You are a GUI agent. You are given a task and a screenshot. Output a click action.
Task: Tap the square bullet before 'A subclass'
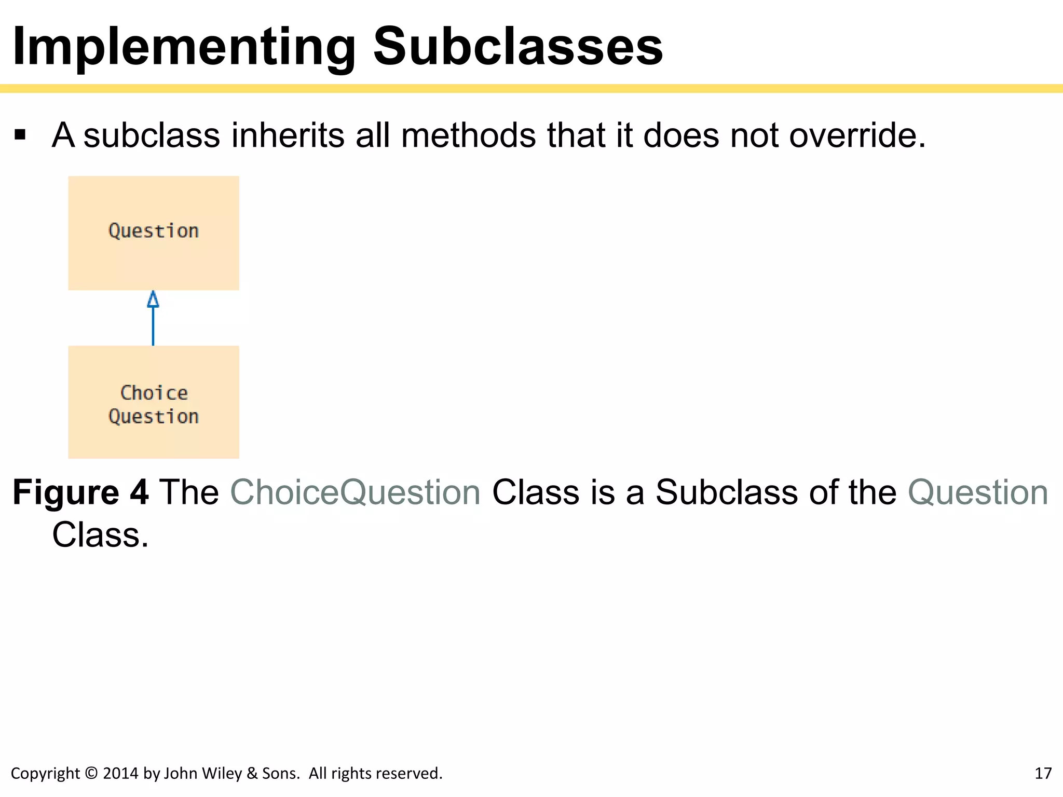pyautogui.click(x=20, y=135)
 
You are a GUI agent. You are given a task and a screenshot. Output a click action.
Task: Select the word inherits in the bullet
pyautogui.click(x=288, y=135)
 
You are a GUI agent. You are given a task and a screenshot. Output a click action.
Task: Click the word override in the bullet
pyautogui.click(x=857, y=135)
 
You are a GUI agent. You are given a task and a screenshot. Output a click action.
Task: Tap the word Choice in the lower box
pyautogui.click(x=154, y=393)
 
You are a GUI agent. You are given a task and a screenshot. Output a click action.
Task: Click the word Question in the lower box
pyautogui.click(x=154, y=417)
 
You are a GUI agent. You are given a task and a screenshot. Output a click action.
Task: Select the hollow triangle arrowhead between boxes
pyautogui.click(x=153, y=300)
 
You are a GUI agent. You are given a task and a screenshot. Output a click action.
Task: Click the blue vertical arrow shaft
pyautogui.click(x=153, y=327)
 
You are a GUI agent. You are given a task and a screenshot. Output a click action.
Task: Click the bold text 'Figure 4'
pyautogui.click(x=80, y=492)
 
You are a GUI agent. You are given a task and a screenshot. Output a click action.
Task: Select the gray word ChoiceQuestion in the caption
pyautogui.click(x=356, y=492)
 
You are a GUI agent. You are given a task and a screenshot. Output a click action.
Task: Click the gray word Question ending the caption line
pyautogui.click(x=978, y=492)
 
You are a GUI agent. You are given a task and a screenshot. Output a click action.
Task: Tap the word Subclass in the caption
pyautogui.click(x=727, y=492)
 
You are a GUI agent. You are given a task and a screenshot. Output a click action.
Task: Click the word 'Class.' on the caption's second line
pyautogui.click(x=100, y=535)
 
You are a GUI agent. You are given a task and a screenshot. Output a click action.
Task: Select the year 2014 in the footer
pyautogui.click(x=121, y=774)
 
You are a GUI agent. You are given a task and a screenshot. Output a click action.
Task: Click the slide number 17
pyautogui.click(x=1043, y=774)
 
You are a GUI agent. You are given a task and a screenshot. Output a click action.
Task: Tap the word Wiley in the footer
pyautogui.click(x=224, y=774)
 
